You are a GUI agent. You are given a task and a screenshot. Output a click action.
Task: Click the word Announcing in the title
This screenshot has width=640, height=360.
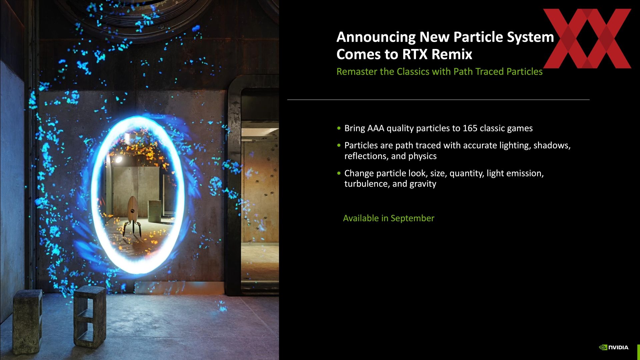pyautogui.click(x=376, y=37)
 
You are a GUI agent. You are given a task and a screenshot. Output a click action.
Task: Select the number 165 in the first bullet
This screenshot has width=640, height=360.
pyautogui.click(x=470, y=128)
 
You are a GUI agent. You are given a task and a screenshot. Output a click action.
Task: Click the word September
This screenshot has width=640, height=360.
pyautogui.click(x=412, y=218)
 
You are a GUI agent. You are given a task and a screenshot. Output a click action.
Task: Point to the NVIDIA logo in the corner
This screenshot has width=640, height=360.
pyautogui.click(x=614, y=347)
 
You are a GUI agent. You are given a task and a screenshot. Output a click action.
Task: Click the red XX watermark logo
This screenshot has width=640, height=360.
pyautogui.click(x=587, y=38)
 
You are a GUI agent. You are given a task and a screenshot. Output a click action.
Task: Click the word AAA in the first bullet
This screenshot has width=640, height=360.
pyautogui.click(x=376, y=128)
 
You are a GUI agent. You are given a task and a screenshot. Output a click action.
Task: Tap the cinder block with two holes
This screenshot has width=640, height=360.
pyautogui.click(x=89, y=317)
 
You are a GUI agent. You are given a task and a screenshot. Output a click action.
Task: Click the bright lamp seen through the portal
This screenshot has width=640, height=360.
pyautogui.click(x=118, y=160)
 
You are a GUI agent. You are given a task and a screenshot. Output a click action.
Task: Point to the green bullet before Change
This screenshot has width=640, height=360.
pyautogui.click(x=339, y=173)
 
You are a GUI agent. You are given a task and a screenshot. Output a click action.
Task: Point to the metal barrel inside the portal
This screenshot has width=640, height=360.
pyautogui.click(x=155, y=211)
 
